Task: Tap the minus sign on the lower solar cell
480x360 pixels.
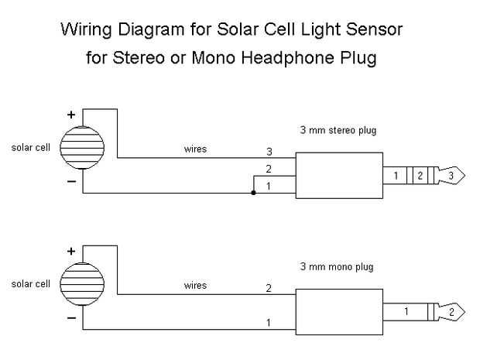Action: click(x=71, y=317)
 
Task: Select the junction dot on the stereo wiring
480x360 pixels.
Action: click(x=253, y=193)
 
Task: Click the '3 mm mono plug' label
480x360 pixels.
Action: click(x=337, y=267)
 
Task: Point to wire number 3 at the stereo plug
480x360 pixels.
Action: click(x=269, y=152)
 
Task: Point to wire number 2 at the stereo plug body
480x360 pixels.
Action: click(x=269, y=169)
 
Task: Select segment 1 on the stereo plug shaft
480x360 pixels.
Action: click(x=396, y=176)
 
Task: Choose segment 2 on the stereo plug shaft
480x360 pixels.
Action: click(x=419, y=176)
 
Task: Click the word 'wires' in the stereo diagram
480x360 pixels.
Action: click(x=195, y=149)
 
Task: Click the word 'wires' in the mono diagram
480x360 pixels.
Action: click(x=195, y=286)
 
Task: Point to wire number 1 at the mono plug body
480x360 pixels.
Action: click(x=269, y=322)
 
